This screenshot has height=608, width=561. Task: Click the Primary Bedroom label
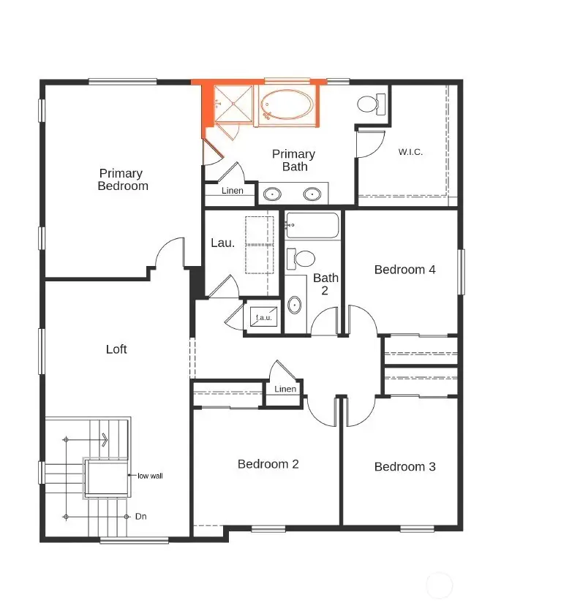[122, 179]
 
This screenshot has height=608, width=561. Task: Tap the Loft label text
[116, 349]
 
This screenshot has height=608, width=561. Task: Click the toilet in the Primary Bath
[372, 104]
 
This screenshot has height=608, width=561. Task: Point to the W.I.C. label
[410, 152]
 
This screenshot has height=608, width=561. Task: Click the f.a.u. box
[263, 318]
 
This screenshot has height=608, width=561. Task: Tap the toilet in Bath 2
[301, 258]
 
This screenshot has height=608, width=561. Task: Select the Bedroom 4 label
[404, 270]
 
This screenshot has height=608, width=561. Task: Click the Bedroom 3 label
[404, 467]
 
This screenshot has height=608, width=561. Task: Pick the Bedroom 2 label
[268, 464]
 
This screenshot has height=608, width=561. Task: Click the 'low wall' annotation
[150, 476]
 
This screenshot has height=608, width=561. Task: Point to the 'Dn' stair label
[141, 516]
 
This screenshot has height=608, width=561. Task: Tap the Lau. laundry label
[222, 243]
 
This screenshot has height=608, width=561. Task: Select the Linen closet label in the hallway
[285, 389]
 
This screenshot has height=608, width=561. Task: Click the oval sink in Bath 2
[294, 305]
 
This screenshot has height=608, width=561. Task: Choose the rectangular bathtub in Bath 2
[313, 226]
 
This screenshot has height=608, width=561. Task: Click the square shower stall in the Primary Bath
[233, 104]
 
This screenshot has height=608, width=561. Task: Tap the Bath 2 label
[325, 284]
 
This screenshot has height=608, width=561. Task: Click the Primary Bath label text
[293, 160]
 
